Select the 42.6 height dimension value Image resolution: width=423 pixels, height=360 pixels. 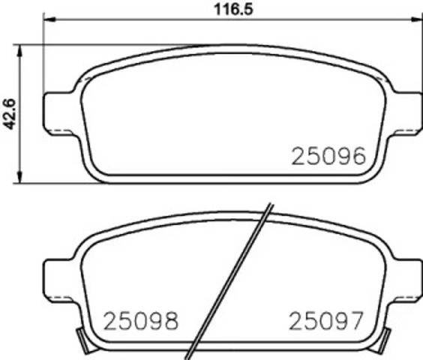tap(9, 112)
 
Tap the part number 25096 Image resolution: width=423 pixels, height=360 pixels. tap(328, 156)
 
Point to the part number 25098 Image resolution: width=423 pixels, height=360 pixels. tap(140, 322)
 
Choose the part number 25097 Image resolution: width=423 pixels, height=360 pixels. tap(327, 322)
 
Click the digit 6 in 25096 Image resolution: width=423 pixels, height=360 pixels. tap(357, 156)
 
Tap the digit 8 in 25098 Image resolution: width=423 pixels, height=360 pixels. tap(170, 322)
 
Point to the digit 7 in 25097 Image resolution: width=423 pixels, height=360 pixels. tap(357, 322)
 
